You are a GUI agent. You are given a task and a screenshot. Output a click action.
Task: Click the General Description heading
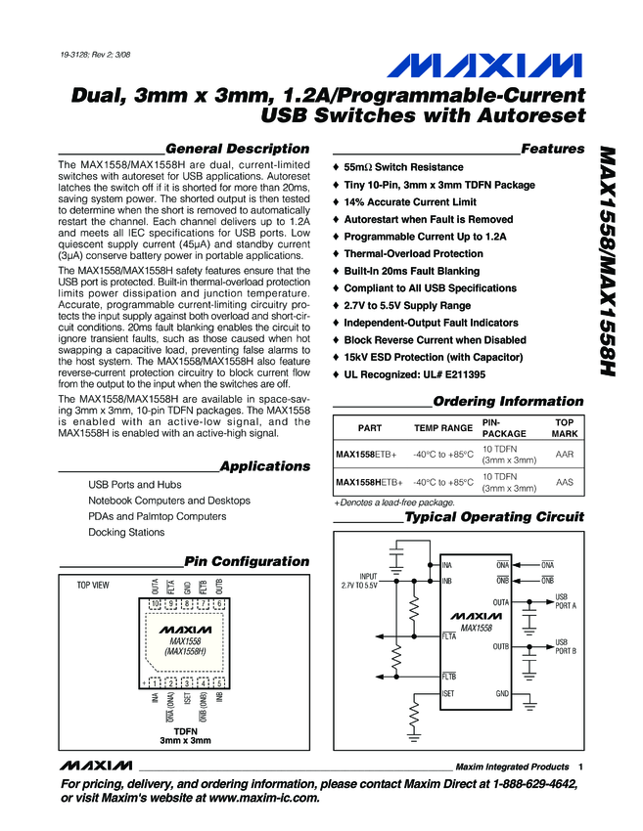pyautogui.click(x=238, y=149)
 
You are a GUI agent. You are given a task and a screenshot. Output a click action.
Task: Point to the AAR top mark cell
pyautogui.click(x=565, y=455)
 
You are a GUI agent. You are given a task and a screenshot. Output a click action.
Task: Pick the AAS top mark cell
pyautogui.click(x=565, y=482)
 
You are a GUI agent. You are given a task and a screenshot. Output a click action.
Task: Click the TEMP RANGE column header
pyautogui.click(x=442, y=428)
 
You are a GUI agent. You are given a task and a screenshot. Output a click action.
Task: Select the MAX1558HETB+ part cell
pyautogui.click(x=369, y=482)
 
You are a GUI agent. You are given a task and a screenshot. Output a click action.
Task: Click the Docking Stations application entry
pyautogui.click(x=126, y=533)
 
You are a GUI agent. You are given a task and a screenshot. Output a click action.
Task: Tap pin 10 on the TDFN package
pyautogui.click(x=155, y=604)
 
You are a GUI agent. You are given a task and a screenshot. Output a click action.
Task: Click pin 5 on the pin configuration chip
pyautogui.click(x=220, y=682)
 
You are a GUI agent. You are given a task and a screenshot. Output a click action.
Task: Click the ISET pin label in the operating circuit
pyautogui.click(x=449, y=693)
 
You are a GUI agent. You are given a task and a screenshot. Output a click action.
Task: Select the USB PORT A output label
pyautogui.click(x=566, y=600)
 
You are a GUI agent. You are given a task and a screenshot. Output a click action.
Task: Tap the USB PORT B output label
pyautogui.click(x=566, y=646)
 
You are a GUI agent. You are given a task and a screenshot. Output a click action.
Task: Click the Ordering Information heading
pyautogui.click(x=507, y=402)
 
